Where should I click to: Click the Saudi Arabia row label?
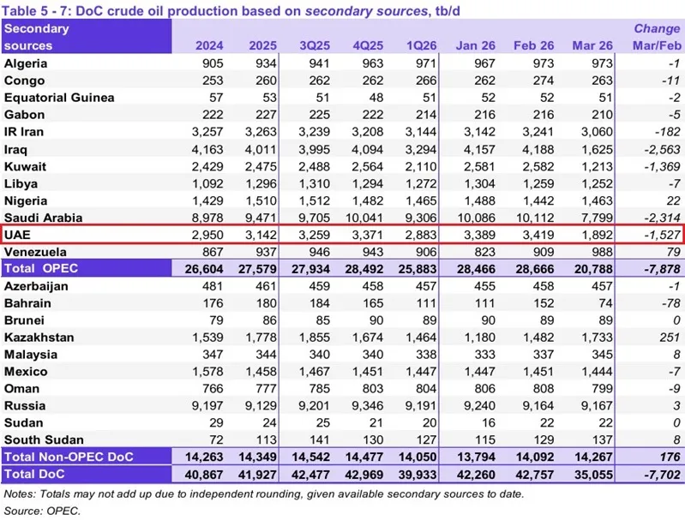(43, 218)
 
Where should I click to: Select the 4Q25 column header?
(369, 45)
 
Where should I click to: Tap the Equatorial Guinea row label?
(59, 98)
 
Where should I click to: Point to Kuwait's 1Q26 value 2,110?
(423, 166)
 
